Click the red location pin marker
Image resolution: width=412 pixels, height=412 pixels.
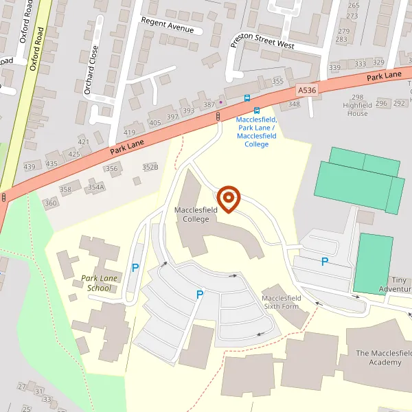point(228,198)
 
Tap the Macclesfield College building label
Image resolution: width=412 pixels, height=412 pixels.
point(192,214)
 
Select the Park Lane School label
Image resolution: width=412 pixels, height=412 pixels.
point(95,283)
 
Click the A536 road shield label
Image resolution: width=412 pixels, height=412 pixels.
point(307,90)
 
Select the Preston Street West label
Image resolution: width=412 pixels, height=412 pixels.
point(262,41)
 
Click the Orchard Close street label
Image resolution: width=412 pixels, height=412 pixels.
point(90,69)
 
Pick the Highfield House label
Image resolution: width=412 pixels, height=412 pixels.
point(357,105)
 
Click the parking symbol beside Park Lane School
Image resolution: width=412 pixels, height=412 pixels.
point(135,268)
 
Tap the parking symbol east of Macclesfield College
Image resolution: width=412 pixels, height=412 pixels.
point(325,261)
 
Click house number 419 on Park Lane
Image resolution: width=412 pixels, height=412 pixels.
point(130,132)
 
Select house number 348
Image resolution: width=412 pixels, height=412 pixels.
point(294,104)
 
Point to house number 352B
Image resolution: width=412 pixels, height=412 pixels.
point(150,167)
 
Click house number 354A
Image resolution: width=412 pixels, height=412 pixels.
point(95,187)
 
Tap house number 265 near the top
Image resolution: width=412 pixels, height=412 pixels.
point(353,5)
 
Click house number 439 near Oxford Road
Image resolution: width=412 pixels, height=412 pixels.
point(30,167)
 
